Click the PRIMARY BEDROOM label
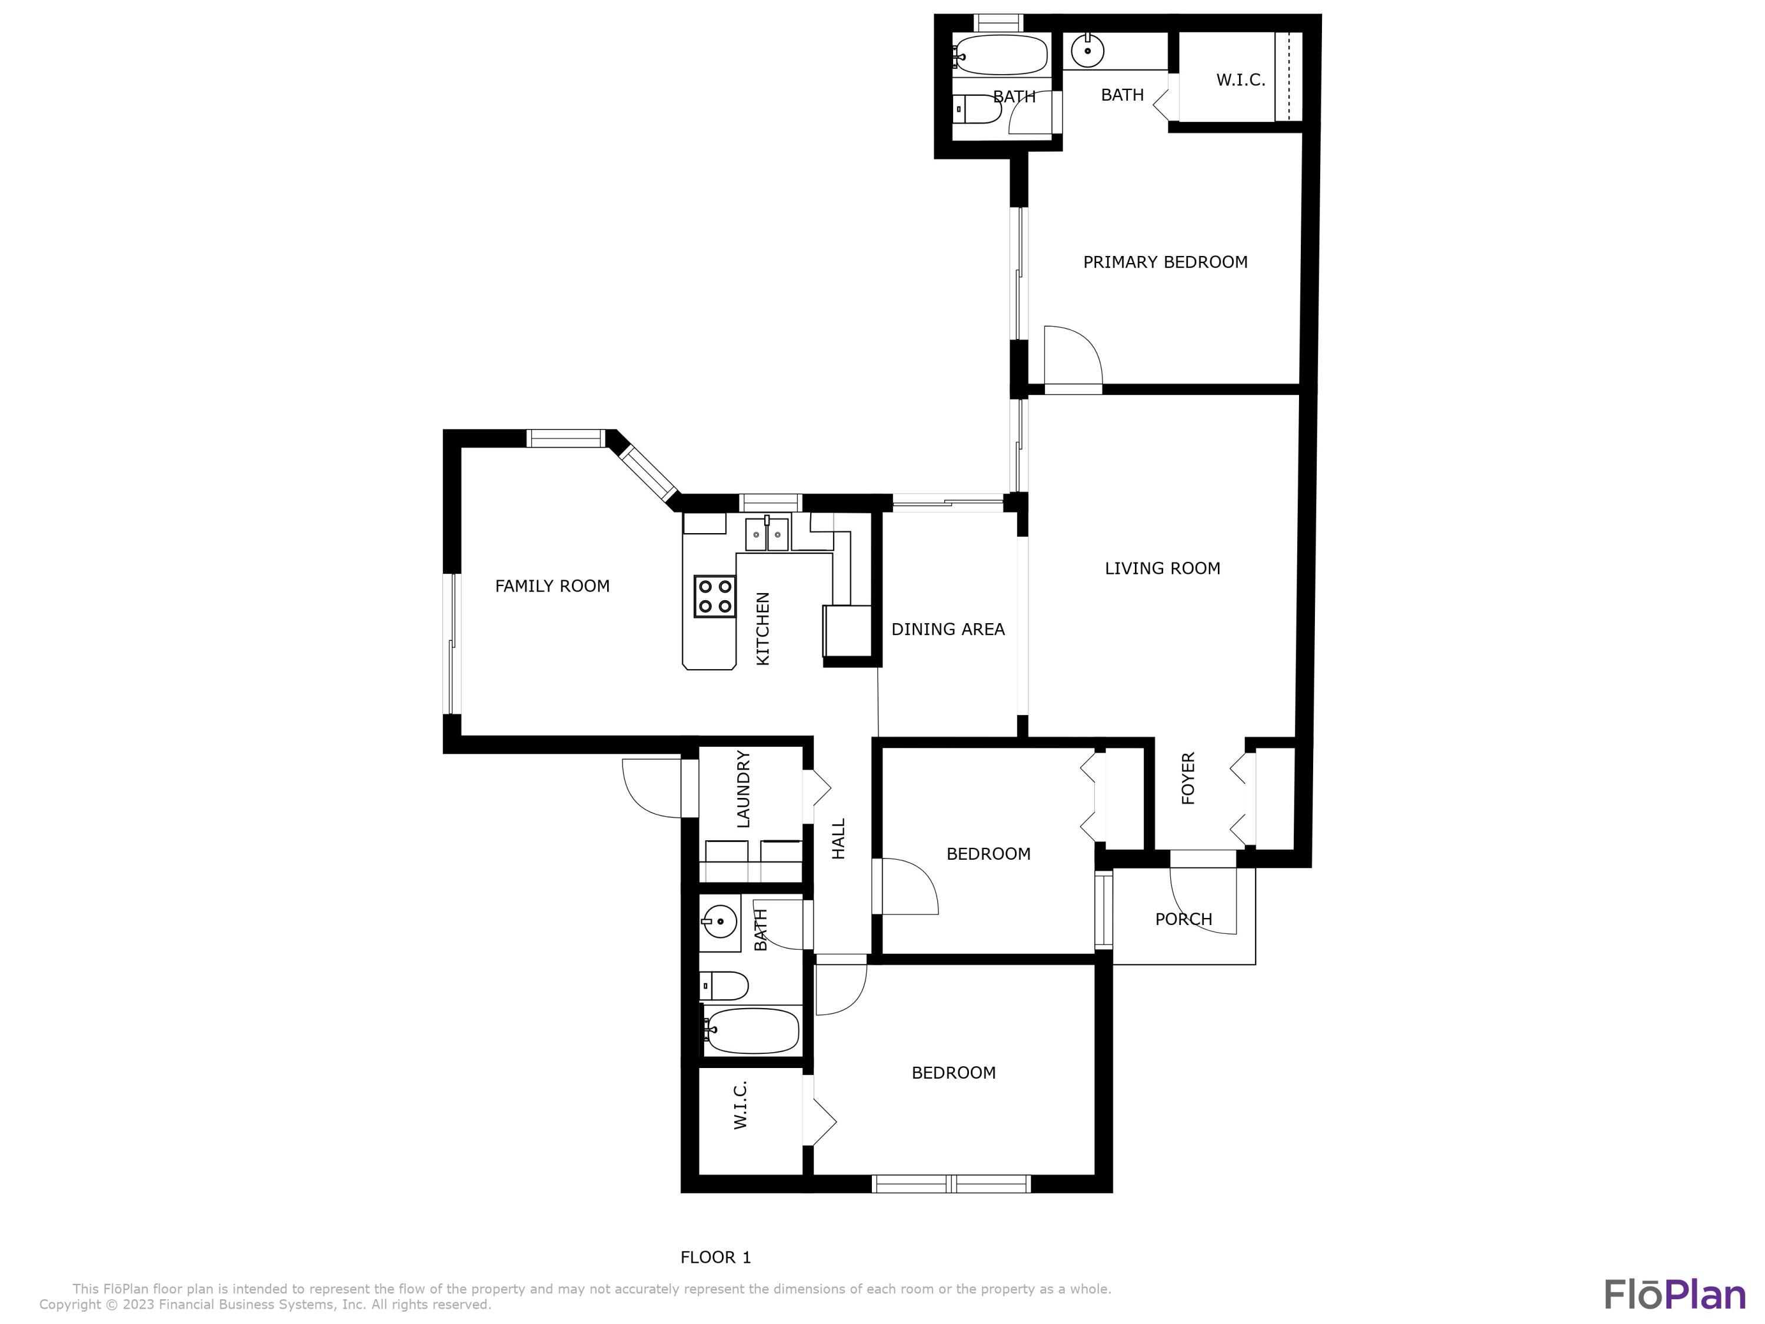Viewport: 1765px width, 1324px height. (1165, 262)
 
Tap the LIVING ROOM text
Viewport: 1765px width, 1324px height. (1163, 568)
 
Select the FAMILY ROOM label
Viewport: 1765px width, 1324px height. (552, 586)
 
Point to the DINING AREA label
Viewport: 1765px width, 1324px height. (948, 629)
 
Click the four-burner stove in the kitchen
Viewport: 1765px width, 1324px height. (714, 596)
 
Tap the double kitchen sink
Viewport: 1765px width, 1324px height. (767, 534)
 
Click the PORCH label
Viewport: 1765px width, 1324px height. (1183, 919)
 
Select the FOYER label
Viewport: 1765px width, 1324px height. (1188, 778)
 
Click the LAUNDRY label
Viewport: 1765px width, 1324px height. (743, 789)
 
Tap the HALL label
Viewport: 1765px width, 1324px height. (838, 839)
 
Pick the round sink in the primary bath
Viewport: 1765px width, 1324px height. (1087, 50)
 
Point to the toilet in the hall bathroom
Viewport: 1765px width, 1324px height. (724, 986)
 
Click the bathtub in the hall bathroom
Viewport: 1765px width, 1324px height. (751, 1030)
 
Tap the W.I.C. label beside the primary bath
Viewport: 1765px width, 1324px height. (1241, 80)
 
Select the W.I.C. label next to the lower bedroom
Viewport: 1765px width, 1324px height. (741, 1105)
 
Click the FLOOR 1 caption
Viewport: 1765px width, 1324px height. (716, 1258)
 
